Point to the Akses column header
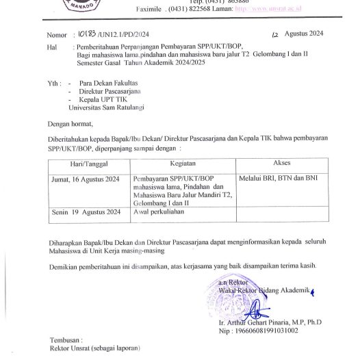pos(281,165)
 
